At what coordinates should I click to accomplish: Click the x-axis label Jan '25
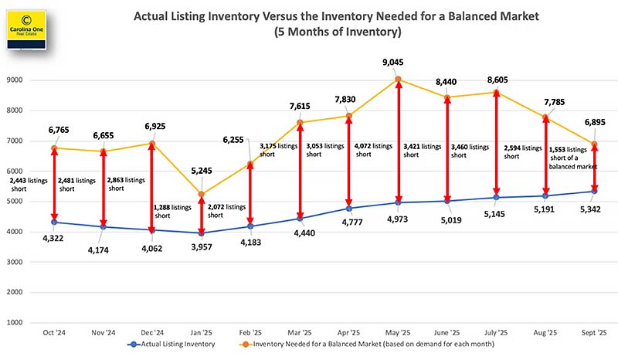pyautogui.click(x=202, y=333)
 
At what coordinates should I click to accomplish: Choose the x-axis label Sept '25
pyautogui.click(x=594, y=333)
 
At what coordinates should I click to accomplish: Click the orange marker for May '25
pyautogui.click(x=398, y=79)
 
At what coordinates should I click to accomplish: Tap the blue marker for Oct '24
pyautogui.click(x=54, y=222)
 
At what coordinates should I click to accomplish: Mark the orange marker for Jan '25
pyautogui.click(x=202, y=194)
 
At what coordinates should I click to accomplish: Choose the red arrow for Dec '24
pyautogui.click(x=152, y=186)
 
